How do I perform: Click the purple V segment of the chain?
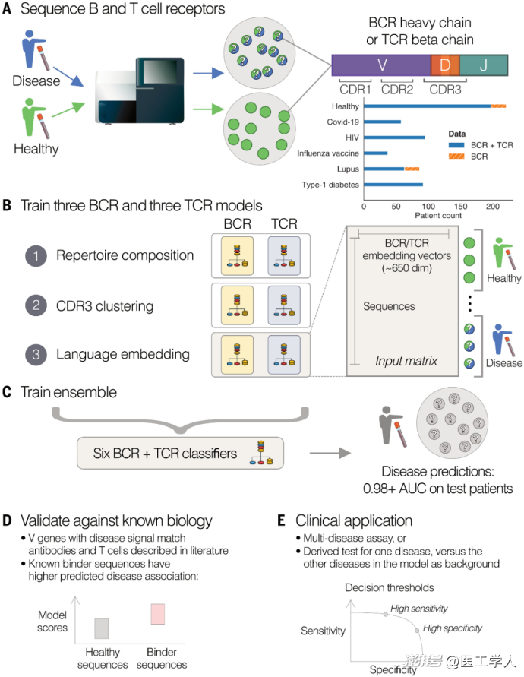(381, 65)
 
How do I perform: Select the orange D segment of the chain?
(445, 65)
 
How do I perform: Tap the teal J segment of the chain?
(484, 65)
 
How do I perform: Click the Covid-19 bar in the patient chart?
(383, 122)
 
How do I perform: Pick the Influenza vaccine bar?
(375, 153)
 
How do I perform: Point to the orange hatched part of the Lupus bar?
(412, 169)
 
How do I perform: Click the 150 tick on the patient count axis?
(460, 207)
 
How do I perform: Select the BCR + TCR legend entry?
(481, 145)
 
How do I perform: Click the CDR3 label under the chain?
(445, 90)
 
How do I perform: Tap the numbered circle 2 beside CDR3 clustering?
(36, 305)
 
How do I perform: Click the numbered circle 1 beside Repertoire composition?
(36, 255)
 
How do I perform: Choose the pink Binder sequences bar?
(157, 614)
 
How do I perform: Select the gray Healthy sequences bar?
(102, 628)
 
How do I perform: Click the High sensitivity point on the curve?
(386, 614)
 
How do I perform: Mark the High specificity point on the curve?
(417, 631)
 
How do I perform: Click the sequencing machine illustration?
(140, 90)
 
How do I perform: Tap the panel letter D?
(7, 520)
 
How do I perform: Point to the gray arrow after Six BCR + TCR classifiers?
(330, 453)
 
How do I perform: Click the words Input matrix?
(406, 361)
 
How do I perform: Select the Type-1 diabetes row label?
(330, 185)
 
